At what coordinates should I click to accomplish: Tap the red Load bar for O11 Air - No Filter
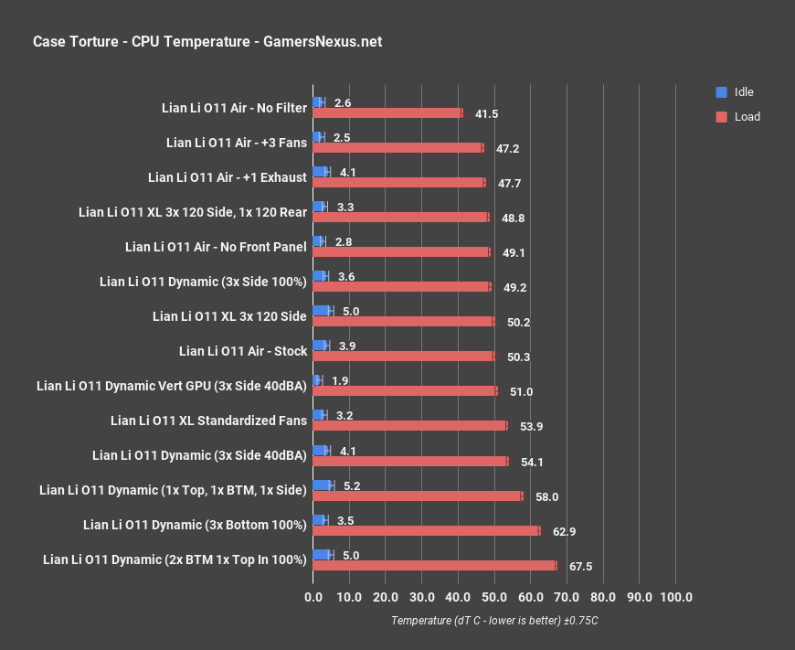tap(387, 113)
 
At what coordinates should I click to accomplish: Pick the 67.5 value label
tap(580, 567)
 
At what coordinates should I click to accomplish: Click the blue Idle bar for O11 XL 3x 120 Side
tap(323, 311)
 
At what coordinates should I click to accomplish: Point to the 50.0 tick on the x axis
tap(494, 597)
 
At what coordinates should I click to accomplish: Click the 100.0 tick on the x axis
tap(675, 597)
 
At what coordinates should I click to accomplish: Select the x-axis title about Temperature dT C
tap(494, 620)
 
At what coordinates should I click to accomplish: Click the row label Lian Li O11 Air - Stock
tap(243, 351)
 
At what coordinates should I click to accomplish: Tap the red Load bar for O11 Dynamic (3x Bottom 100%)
tap(426, 530)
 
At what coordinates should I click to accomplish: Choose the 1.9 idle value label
tap(342, 380)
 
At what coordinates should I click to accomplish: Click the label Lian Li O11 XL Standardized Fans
tap(208, 421)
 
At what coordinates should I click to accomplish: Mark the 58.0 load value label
tap(546, 497)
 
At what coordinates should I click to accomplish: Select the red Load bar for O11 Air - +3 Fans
tap(397, 148)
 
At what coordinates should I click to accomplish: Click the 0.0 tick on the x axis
tap(313, 597)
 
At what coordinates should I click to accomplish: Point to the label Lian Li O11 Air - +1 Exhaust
tap(227, 177)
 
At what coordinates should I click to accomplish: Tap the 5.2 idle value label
tap(353, 485)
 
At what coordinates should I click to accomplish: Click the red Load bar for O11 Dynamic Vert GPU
tap(405, 391)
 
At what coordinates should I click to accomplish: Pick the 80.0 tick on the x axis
tap(603, 597)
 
